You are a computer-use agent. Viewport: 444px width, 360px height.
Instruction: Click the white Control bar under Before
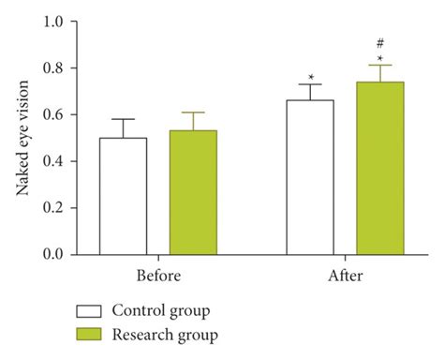(x=124, y=196)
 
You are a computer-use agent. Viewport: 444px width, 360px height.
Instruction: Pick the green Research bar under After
(x=380, y=168)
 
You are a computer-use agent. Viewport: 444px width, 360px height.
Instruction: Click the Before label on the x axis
(x=157, y=277)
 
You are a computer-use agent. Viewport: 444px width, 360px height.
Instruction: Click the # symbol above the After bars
(x=380, y=43)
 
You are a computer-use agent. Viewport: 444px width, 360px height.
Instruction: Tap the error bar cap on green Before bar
(x=193, y=112)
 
